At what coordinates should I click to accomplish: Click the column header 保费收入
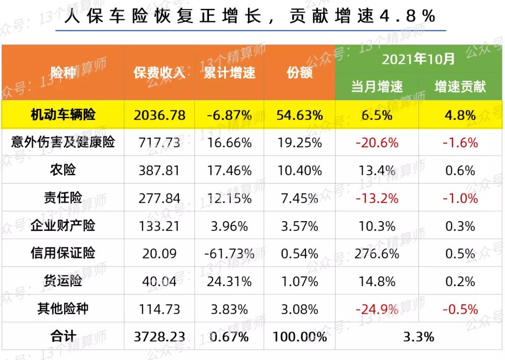[159, 73]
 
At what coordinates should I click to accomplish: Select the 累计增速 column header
[229, 73]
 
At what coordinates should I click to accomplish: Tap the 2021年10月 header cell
[418, 59]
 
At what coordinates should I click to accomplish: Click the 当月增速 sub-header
[377, 86]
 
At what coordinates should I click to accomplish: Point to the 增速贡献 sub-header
[460, 86]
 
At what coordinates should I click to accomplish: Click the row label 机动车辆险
[63, 115]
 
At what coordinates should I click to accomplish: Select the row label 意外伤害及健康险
[63, 142]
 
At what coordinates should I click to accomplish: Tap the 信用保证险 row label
[63, 253]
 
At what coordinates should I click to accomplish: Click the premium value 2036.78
[159, 115]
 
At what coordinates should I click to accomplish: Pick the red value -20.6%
[377, 143]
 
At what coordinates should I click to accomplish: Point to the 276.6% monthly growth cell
[377, 254]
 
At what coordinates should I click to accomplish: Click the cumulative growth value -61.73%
[229, 254]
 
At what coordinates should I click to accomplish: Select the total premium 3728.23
[159, 337]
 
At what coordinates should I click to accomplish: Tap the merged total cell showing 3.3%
[418, 337]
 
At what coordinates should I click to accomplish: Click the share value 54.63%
[299, 115]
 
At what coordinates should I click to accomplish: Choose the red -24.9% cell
[377, 310]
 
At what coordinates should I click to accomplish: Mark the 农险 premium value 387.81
[159, 171]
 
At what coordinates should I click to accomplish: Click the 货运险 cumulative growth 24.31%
[229, 282]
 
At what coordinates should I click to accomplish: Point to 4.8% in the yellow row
[460, 115]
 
